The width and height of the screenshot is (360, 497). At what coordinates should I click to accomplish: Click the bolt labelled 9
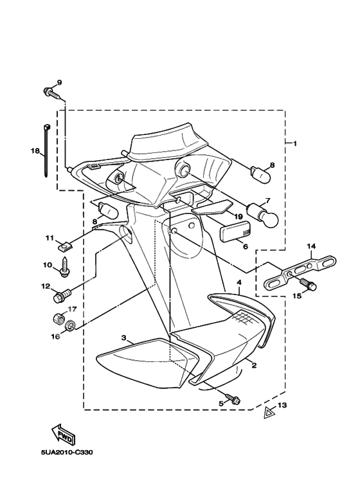pos(52,93)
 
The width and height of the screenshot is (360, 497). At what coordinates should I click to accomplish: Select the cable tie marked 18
pos(46,150)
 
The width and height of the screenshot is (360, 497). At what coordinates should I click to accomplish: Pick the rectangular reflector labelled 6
pos(235,231)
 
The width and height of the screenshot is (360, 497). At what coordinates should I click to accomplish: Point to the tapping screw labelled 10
pos(65,267)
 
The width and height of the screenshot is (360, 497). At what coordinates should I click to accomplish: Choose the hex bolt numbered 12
pos(62,294)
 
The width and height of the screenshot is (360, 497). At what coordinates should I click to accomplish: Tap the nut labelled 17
pos(57,317)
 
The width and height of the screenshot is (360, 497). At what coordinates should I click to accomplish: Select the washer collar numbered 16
pos(69,326)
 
